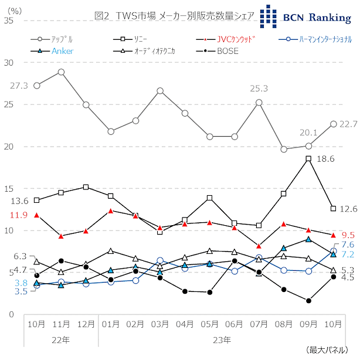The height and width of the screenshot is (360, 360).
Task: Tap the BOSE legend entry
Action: click(227, 52)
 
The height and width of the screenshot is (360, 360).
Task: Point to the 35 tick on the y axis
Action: click(8, 21)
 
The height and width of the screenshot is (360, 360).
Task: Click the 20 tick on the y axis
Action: click(8, 147)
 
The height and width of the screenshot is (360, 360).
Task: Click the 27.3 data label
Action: click(19, 86)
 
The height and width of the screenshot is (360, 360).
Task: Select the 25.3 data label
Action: click(259, 89)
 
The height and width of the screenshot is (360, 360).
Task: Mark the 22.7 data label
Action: click(348, 124)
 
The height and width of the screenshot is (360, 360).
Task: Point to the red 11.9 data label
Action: click(19, 215)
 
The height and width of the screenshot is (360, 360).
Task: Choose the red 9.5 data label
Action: click(348, 235)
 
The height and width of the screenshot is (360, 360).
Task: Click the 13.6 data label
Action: click(19, 201)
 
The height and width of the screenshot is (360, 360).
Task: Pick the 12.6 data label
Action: click(348, 209)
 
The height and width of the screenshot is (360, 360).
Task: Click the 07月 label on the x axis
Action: click(259, 324)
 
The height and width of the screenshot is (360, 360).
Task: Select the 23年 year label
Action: click(222, 339)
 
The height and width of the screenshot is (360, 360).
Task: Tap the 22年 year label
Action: click(61, 339)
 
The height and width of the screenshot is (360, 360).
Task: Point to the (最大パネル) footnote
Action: click(330, 351)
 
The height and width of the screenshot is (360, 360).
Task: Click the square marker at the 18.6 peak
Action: click(308, 158)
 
